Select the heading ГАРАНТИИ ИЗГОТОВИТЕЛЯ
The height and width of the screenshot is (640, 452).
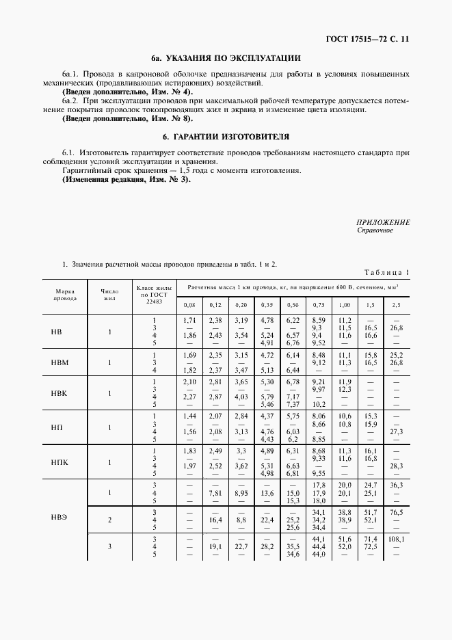pyautogui.click(x=226, y=136)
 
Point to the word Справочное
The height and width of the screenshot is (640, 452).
pyautogui.click(x=375, y=230)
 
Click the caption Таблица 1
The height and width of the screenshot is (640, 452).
pyautogui.click(x=386, y=273)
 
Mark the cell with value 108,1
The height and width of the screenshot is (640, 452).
pyautogui.click(x=397, y=538)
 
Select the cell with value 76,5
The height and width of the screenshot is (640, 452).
pyautogui.click(x=397, y=511)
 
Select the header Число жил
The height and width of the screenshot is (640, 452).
pyautogui.click(x=109, y=295)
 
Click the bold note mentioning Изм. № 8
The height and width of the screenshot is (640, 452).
pyautogui.click(x=127, y=118)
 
